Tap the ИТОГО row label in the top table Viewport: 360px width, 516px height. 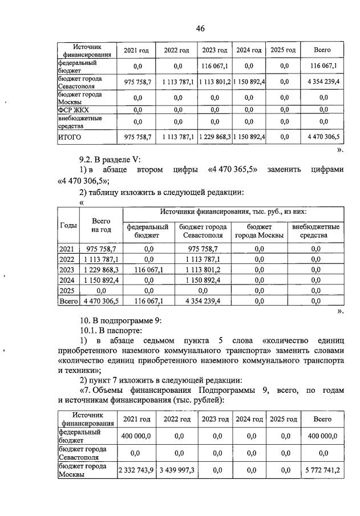click(70, 137)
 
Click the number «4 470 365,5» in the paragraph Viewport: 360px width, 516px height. click(233, 170)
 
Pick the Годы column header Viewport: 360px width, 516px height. click(68, 225)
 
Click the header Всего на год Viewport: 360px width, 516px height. click(101, 225)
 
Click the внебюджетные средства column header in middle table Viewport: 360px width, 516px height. click(315, 231)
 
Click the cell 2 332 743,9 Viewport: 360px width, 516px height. click(136, 470)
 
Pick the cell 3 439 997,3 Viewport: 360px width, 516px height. click(176, 470)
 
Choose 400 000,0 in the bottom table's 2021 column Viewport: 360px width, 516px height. click(136, 436)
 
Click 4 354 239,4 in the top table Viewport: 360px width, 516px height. click(322, 82)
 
